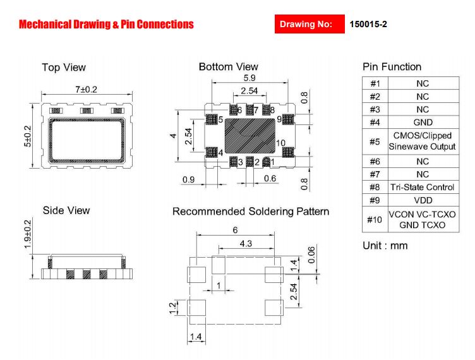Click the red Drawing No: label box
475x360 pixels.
pos(310,24)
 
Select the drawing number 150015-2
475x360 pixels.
pos(368,24)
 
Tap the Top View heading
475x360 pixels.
pos(64,67)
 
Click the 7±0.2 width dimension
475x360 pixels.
pos(86,90)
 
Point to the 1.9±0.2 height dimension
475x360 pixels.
pos(28,234)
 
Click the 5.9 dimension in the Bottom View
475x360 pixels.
pos(250,78)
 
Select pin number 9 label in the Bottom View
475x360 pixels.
pos(279,119)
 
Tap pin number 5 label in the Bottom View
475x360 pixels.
pos(220,119)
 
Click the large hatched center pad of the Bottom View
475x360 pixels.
pos(250,135)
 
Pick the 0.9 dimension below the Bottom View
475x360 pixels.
pos(188,179)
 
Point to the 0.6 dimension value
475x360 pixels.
pos(270,178)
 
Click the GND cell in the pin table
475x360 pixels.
pos(423,123)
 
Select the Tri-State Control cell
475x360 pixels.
pos(423,187)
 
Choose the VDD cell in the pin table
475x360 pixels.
pos(423,200)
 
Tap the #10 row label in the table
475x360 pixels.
pos(375,220)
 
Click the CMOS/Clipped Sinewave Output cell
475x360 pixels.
pos(423,141)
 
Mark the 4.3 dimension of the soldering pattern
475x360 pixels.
pos(246,243)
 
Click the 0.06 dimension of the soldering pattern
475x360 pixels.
pos(311,255)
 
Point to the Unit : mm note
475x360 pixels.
pos(385,246)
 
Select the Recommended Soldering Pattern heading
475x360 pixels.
pos(251,212)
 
